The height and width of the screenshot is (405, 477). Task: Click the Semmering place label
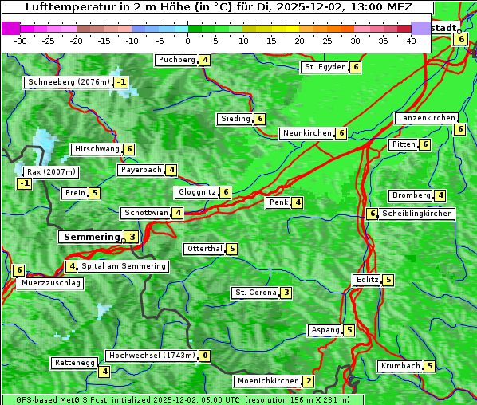[90, 237]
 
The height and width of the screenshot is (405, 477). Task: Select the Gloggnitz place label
[196, 192]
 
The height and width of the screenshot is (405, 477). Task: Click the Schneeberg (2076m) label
[68, 82]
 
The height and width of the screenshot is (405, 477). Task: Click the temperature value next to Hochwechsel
[205, 356]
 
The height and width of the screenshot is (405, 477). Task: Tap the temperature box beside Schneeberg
[121, 82]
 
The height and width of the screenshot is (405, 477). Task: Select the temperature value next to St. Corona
[286, 293]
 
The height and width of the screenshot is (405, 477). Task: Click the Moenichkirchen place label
[268, 381]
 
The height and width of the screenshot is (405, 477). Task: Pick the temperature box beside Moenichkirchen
[309, 381]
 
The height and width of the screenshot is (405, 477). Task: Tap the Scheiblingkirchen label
[417, 214]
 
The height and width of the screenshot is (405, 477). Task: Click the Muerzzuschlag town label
[50, 283]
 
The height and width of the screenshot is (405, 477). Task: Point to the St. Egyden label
[324, 67]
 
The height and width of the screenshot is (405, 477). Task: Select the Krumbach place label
[400, 366]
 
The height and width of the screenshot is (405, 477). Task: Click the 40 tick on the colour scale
[411, 41]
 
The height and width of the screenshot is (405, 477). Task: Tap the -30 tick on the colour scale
[21, 41]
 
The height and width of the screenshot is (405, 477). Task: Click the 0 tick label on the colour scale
[187, 41]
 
